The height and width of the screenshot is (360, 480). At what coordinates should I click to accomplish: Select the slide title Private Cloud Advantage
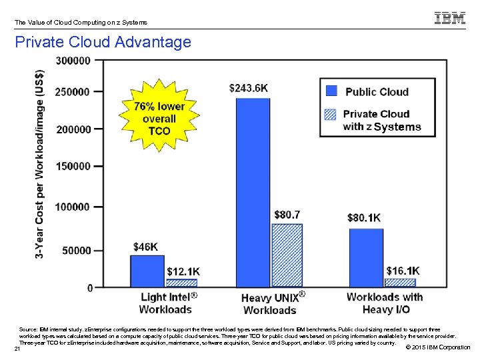pos(103,43)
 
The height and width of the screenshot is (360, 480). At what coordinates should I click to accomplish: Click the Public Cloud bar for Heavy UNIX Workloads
pos(253,193)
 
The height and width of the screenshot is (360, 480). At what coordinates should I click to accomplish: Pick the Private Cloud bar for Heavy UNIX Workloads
pos(287,255)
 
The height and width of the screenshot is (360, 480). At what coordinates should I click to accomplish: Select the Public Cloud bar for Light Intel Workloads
pos(147,271)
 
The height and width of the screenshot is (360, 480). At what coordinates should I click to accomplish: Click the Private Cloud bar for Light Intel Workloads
pos(181,283)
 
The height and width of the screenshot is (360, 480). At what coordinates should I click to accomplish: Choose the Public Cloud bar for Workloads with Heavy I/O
pos(365,258)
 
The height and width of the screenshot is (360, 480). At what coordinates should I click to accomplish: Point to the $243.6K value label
pos(249,87)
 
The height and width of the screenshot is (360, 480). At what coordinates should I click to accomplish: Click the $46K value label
pos(146,247)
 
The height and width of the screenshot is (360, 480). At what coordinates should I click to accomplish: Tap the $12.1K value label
pos(183,271)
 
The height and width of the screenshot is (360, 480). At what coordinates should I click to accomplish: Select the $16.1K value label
pos(403,271)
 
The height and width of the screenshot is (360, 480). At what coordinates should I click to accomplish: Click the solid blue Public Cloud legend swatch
pos(332,91)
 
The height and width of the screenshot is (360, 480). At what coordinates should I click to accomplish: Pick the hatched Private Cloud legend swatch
pos(331,114)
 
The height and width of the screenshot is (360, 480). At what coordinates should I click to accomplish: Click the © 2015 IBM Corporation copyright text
pos(437,347)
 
